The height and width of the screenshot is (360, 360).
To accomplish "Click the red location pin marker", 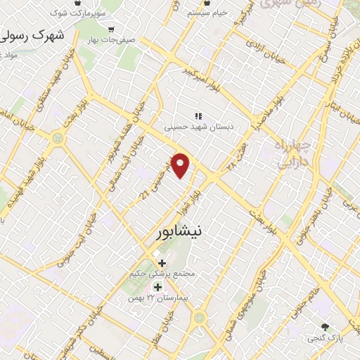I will (x=181, y=166).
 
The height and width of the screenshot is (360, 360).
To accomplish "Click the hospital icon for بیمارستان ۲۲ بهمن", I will (x=157, y=287).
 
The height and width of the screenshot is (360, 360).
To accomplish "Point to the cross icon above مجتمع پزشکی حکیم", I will (x=162, y=262).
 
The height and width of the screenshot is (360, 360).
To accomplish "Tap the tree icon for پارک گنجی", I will (x=325, y=327).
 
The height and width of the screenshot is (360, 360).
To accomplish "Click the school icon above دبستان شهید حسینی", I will (x=198, y=115).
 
